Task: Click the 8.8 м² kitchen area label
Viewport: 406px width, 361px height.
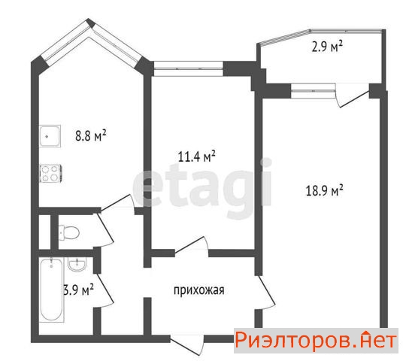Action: pyautogui.click(x=91, y=135)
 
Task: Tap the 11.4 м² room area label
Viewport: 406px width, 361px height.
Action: pyautogui.click(x=197, y=156)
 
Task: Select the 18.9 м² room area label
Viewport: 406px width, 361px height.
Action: pyautogui.click(x=325, y=190)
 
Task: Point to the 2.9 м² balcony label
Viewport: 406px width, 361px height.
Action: pyautogui.click(x=327, y=47)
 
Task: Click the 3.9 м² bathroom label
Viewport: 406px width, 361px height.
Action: pyautogui.click(x=79, y=290)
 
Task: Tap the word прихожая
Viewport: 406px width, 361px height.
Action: pyautogui.click(x=198, y=290)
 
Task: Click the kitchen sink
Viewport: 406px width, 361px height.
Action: pyautogui.click(x=50, y=136)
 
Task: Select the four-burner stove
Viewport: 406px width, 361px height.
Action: pyautogui.click(x=50, y=173)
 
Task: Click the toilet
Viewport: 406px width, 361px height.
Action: pyautogui.click(x=69, y=232)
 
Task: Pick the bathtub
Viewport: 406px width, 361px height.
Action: pyautogui.click(x=52, y=290)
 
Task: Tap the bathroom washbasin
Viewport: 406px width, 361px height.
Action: pyautogui.click(x=77, y=264)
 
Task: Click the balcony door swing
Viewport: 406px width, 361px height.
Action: pyautogui.click(x=352, y=95)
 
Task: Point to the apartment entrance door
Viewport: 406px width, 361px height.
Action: pyautogui.click(x=187, y=344)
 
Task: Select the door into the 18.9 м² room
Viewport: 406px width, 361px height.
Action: pyautogui.click(x=265, y=292)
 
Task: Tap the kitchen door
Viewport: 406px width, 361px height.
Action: pyautogui.click(x=118, y=203)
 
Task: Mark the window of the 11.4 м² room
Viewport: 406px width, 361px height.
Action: pyautogui.click(x=189, y=69)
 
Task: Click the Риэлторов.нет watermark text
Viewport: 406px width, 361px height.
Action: pyautogui.click(x=316, y=340)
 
